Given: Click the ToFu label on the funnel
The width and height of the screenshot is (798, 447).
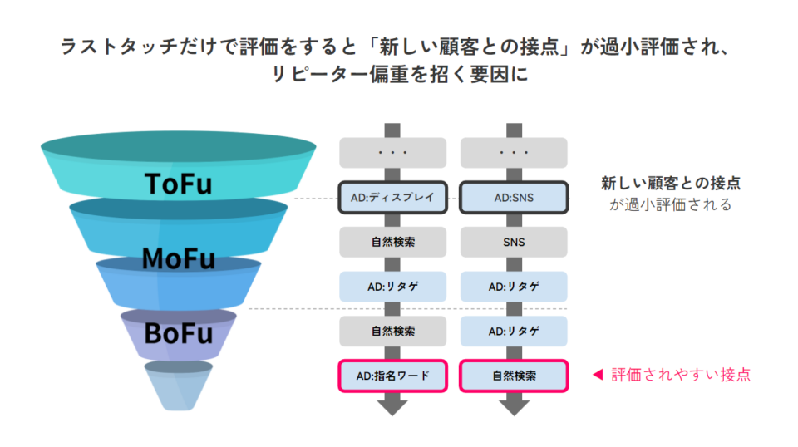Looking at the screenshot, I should (178, 183).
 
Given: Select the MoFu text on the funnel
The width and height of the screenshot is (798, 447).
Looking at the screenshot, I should (178, 259).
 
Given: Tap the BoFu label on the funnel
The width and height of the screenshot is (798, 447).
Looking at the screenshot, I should (178, 334).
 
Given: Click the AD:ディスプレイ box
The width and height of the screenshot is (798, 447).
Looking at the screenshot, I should (393, 198).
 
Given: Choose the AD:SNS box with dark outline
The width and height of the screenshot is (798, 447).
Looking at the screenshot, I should (514, 198).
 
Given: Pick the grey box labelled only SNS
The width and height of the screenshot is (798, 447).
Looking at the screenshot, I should (514, 243).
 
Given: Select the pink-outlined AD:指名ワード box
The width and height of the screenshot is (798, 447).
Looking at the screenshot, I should (393, 376).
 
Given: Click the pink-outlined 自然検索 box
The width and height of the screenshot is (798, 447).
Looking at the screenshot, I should (514, 376).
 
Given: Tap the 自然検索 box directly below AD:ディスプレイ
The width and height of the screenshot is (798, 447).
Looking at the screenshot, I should (393, 243).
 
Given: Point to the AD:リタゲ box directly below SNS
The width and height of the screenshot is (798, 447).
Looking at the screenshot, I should (514, 287).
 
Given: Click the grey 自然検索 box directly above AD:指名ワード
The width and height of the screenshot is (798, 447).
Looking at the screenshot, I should (393, 332).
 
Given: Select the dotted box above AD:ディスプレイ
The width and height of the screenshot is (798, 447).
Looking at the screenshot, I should (393, 154).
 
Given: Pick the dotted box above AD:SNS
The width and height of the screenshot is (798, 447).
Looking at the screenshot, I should (514, 154).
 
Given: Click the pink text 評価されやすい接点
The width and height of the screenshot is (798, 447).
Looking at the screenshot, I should (681, 375).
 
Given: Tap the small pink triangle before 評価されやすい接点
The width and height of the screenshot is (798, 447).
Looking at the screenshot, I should (596, 375).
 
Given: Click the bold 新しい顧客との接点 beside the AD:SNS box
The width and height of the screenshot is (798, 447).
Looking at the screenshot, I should (670, 184).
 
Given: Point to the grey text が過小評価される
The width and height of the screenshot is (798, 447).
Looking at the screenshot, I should (670, 204).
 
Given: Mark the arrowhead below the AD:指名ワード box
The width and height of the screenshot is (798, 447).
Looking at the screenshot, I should (393, 406).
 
